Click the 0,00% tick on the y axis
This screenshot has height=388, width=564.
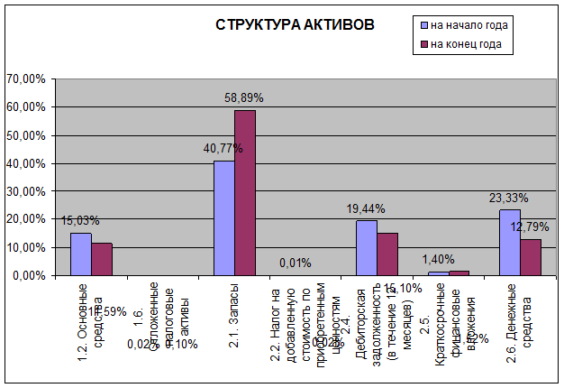(28, 275)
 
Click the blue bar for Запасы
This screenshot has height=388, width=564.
(223, 217)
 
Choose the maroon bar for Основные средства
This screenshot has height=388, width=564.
(102, 258)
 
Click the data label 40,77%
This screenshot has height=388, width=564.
(223, 147)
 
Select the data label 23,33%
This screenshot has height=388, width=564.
(509, 198)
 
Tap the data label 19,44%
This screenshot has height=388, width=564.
(366, 208)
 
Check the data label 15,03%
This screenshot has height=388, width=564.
(80, 220)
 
